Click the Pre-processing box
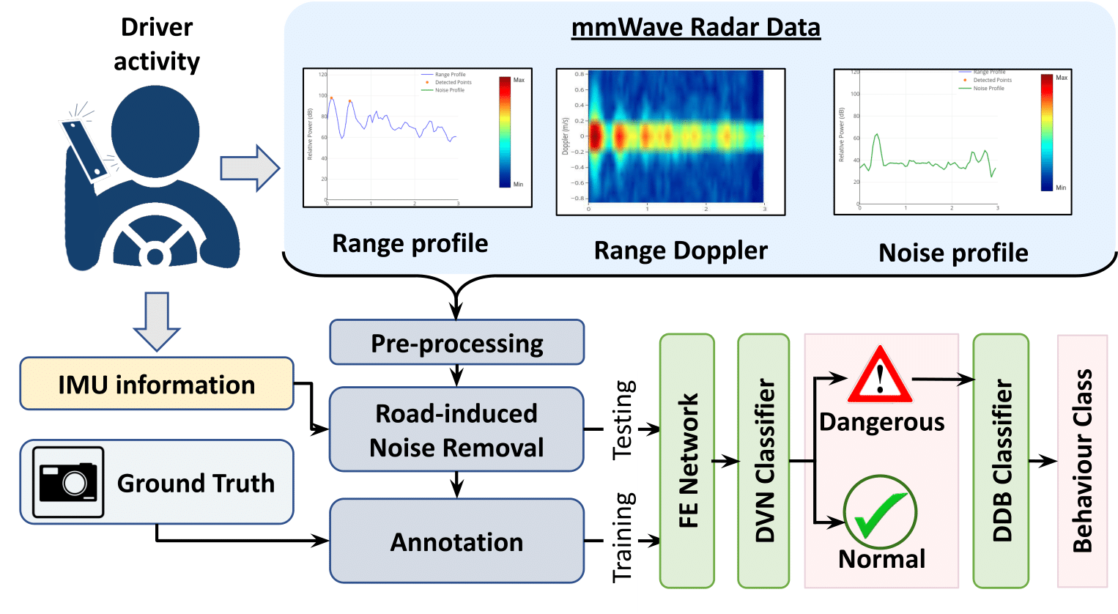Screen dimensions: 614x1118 (456, 342)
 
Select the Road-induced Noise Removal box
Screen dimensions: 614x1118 (456, 429)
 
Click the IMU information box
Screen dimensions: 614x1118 (156, 384)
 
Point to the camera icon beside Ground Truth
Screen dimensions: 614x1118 (68, 481)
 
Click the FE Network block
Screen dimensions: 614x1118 (686, 461)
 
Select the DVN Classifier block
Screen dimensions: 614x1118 (763, 461)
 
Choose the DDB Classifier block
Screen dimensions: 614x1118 (1001, 461)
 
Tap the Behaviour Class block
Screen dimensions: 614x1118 (1082, 461)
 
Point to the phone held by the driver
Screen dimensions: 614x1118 (86, 149)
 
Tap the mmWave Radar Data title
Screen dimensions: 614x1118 (695, 27)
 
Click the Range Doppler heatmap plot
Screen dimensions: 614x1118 (675, 137)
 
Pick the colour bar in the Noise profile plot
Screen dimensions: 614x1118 (1046, 132)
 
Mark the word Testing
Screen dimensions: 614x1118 (623, 420)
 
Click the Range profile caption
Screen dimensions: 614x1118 (410, 243)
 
